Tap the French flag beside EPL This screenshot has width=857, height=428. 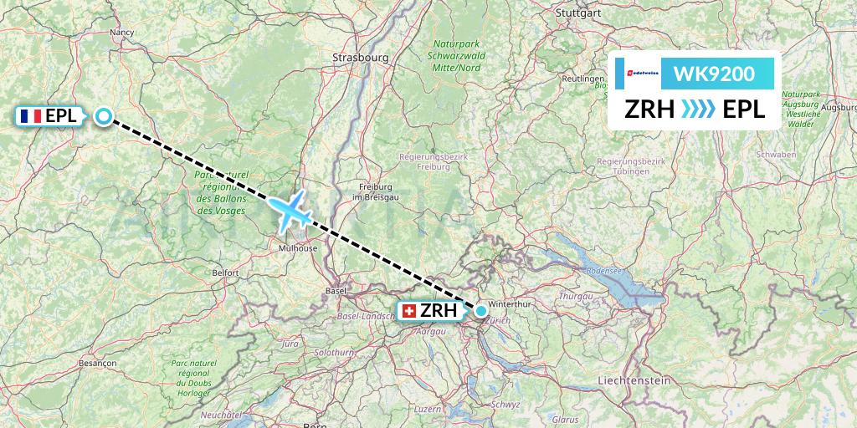(33, 116)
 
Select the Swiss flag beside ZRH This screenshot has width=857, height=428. (409, 311)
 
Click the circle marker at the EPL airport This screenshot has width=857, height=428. (103, 116)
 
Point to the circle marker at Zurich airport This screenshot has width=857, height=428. (481, 311)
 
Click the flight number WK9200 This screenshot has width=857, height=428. (714, 74)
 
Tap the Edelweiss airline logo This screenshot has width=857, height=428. (639, 74)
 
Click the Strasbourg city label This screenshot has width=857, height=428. (361, 58)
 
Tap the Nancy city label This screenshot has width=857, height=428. (122, 33)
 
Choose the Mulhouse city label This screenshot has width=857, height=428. (299, 248)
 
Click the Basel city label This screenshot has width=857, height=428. (336, 291)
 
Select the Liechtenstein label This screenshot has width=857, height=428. (634, 380)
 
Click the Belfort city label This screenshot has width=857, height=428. (226, 273)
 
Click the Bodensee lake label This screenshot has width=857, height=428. (606, 271)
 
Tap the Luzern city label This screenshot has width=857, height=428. (428, 409)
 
